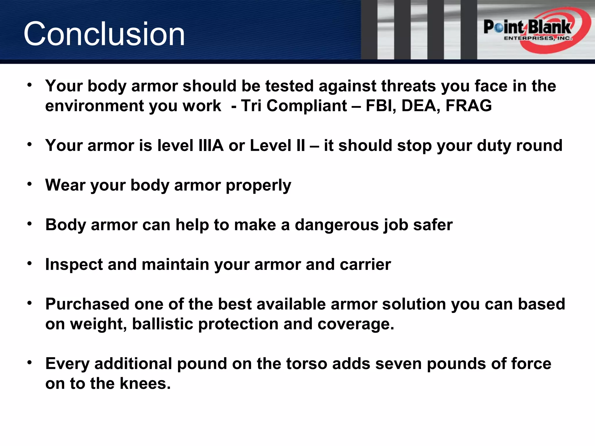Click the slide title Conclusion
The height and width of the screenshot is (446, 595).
pyautogui.click(x=104, y=34)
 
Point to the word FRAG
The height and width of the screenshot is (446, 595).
pyautogui.click(x=469, y=105)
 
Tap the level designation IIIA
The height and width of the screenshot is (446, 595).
pyautogui.click(x=211, y=145)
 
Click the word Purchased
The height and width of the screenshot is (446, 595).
pyautogui.click(x=87, y=304)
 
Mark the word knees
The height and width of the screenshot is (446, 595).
pyautogui.click(x=145, y=383)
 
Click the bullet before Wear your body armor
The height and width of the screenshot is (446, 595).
pyautogui.click(x=29, y=184)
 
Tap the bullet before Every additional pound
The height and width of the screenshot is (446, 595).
pyautogui.click(x=29, y=363)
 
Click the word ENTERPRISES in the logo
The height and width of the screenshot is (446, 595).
pyautogui.click(x=528, y=38)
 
